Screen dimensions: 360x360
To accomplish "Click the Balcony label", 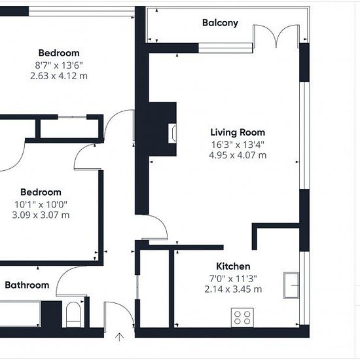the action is coord(220,23).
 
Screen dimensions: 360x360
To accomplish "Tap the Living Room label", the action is coord(238,132).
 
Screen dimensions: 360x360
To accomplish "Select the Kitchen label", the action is coord(233,266).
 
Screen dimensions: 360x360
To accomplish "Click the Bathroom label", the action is coord(27,285).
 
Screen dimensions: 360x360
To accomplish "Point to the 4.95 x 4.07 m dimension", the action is coord(238,155).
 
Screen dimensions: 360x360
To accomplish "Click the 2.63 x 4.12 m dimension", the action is coord(59,76).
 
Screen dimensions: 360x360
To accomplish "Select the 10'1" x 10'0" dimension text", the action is coord(41,204).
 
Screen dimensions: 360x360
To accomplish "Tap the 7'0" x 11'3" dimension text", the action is coord(233,278).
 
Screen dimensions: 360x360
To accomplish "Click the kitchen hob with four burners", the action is coord(242,317).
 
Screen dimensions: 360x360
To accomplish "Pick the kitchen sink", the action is coord(291,285).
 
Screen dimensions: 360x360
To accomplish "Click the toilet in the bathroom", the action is coord(73,315).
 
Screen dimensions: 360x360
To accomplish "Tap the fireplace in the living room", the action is coord(172,133).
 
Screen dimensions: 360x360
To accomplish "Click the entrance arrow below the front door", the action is coord(119,337).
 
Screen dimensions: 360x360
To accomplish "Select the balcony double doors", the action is coord(276,36).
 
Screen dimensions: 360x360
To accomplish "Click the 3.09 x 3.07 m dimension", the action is coord(41,215).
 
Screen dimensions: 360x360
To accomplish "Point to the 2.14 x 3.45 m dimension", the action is coord(233,289).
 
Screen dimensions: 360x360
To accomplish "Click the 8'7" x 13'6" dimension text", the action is coord(59,65).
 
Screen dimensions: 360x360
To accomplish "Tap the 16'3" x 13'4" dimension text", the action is coord(238,145).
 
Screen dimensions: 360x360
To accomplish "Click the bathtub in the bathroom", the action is coord(20,314).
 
